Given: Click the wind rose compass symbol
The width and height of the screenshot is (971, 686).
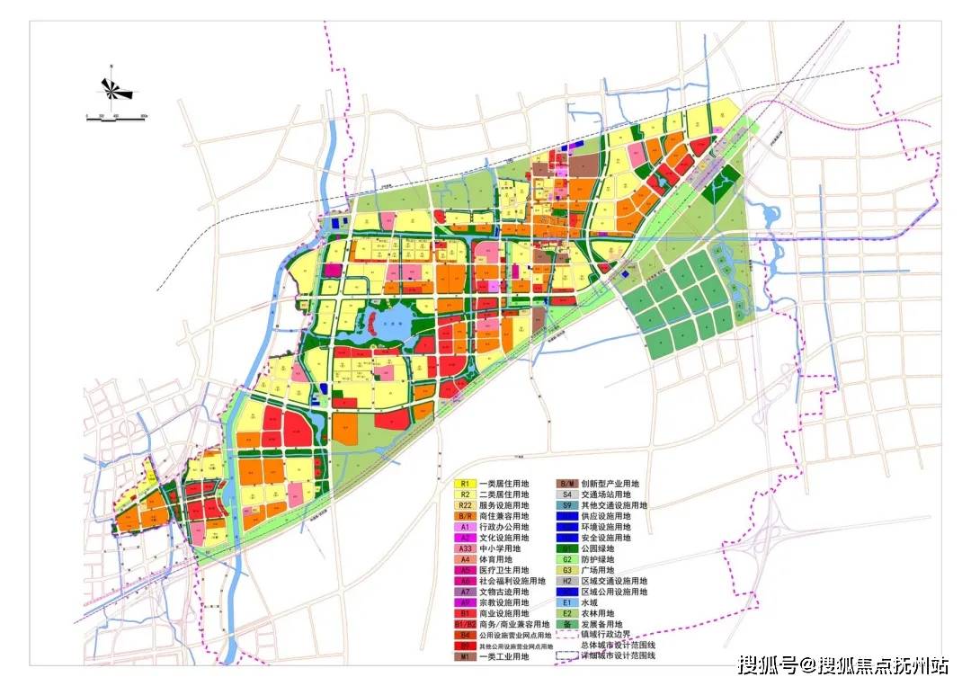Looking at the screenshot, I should pyautogui.click(x=115, y=89).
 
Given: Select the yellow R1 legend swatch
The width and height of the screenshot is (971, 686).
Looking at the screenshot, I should pyautogui.click(x=465, y=483).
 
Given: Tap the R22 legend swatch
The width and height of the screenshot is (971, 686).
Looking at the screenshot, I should pyautogui.click(x=465, y=505).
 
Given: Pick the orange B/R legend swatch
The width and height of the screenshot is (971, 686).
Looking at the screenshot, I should pyautogui.click(x=465, y=516).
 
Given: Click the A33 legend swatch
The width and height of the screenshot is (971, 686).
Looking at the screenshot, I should pyautogui.click(x=465, y=548).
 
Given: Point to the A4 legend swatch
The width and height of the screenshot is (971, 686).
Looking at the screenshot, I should pyautogui.click(x=465, y=559).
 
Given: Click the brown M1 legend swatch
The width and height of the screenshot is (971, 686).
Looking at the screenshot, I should pyautogui.click(x=465, y=657).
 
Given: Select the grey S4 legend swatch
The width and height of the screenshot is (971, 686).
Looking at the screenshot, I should pyautogui.click(x=566, y=494).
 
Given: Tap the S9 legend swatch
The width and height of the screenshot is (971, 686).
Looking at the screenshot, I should pyautogui.click(x=566, y=505).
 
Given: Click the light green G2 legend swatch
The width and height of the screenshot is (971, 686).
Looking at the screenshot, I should pyautogui.click(x=566, y=559).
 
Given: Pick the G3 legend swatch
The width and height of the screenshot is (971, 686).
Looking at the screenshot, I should pyautogui.click(x=566, y=570).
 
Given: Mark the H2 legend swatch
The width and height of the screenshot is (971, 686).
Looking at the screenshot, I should pyautogui.click(x=566, y=581).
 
